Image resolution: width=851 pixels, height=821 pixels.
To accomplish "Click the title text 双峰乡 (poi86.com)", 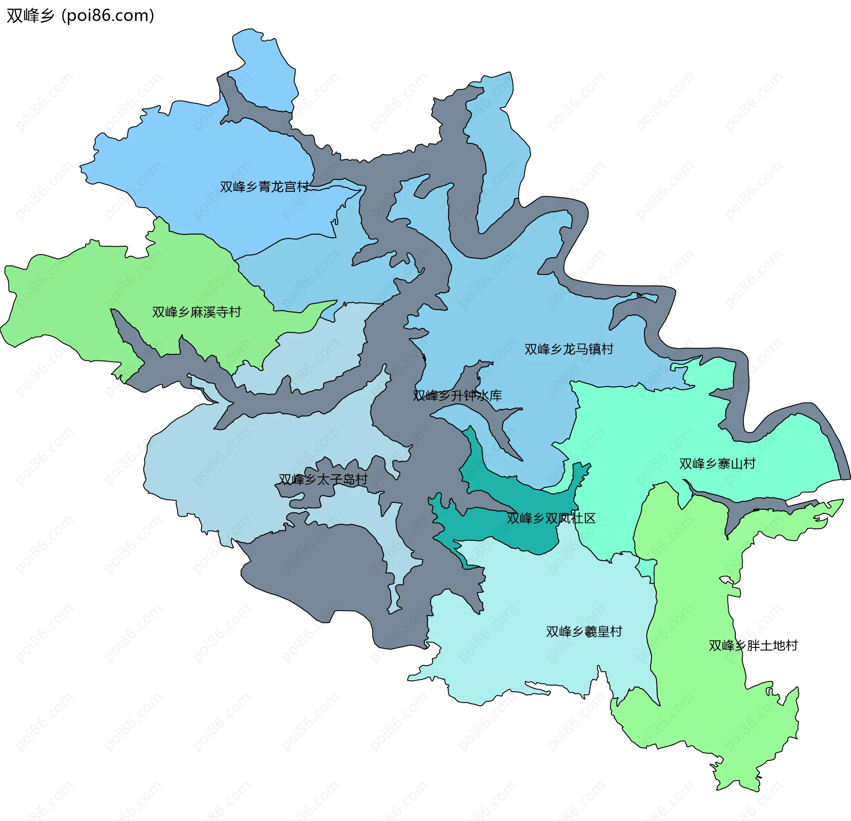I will coord(80,15).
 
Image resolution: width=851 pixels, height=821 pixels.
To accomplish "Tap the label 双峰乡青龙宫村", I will coord(264,187).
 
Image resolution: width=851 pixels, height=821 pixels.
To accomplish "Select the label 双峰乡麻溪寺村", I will coord(196,312).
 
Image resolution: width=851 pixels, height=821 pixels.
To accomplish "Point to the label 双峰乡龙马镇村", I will coord(569,349).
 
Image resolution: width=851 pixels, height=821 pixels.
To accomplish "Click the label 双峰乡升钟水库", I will coord(457,396).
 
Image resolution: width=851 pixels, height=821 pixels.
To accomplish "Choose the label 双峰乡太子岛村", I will coord(323,480).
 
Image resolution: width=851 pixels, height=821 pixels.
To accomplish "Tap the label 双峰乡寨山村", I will coord(717,464).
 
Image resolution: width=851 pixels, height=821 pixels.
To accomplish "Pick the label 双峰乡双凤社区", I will coord(551,519).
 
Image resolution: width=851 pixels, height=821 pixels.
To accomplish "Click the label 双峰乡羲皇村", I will coord(584,632).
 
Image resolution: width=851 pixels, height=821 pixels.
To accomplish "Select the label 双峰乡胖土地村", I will coord(753,646).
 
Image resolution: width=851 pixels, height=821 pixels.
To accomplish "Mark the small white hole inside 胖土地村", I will coord(726,580).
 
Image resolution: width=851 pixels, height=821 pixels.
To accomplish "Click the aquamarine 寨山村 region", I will coord(665,425).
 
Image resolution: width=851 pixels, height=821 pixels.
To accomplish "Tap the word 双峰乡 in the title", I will coord(30,15).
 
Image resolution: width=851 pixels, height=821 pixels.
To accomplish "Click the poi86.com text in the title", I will coord(108,15).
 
